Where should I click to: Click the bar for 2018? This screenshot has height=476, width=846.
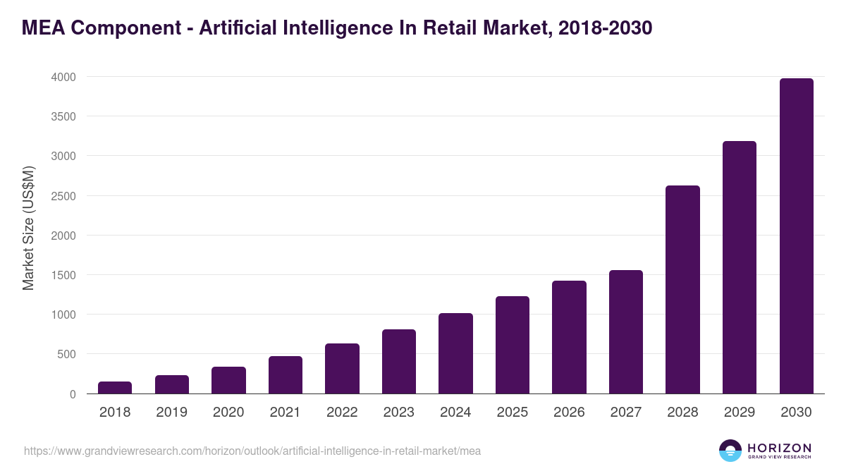click(x=115, y=387)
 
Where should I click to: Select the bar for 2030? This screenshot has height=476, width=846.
click(x=796, y=236)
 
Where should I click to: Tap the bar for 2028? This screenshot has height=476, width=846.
click(x=682, y=289)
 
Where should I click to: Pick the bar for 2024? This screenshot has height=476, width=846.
click(x=455, y=353)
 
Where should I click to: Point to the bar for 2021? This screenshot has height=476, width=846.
click(x=286, y=374)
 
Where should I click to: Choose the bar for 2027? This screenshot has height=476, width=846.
click(x=626, y=331)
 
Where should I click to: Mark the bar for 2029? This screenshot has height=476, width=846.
click(x=740, y=267)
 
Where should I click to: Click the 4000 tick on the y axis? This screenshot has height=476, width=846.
click(x=63, y=77)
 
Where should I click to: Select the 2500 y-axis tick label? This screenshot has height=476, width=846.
click(x=63, y=196)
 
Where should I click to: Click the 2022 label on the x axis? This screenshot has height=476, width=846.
click(x=342, y=413)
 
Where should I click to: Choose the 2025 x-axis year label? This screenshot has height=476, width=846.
click(x=512, y=413)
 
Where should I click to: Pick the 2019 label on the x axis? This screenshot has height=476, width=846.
click(x=171, y=413)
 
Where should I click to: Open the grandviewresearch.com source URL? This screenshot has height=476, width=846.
click(x=252, y=451)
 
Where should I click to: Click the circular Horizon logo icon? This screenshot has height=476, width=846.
click(x=730, y=451)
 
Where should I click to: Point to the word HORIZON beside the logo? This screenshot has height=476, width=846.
click(x=779, y=448)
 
